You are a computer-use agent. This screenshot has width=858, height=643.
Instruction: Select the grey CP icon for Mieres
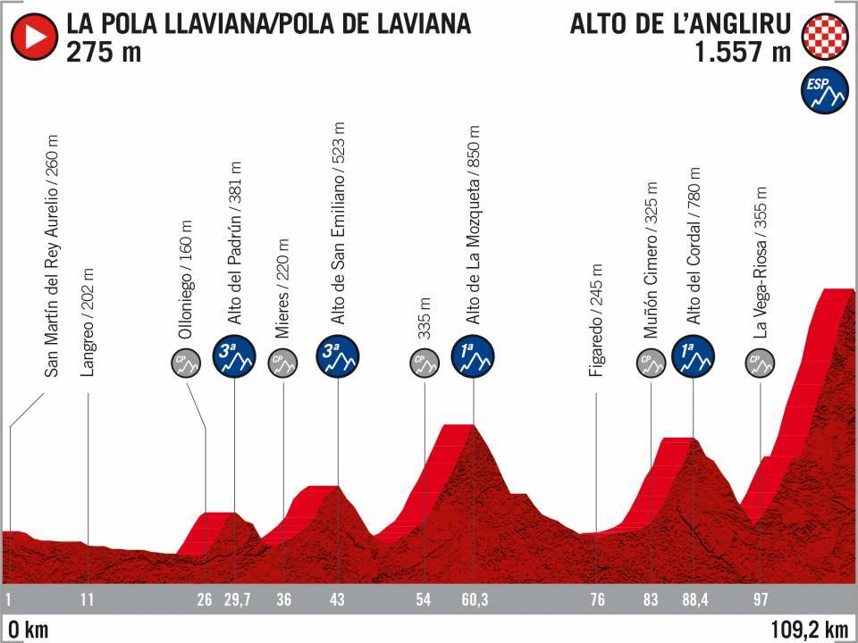(283, 363)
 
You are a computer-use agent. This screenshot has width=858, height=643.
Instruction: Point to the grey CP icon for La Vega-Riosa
(761, 363)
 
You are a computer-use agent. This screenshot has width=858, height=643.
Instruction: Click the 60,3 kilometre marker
(474, 599)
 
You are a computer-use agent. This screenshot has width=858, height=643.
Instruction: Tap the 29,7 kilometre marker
(234, 599)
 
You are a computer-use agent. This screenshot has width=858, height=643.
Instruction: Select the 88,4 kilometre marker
(694, 599)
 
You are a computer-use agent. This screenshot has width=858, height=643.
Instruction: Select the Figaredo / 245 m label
(596, 322)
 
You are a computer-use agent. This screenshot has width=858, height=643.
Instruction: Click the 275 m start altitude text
(102, 53)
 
